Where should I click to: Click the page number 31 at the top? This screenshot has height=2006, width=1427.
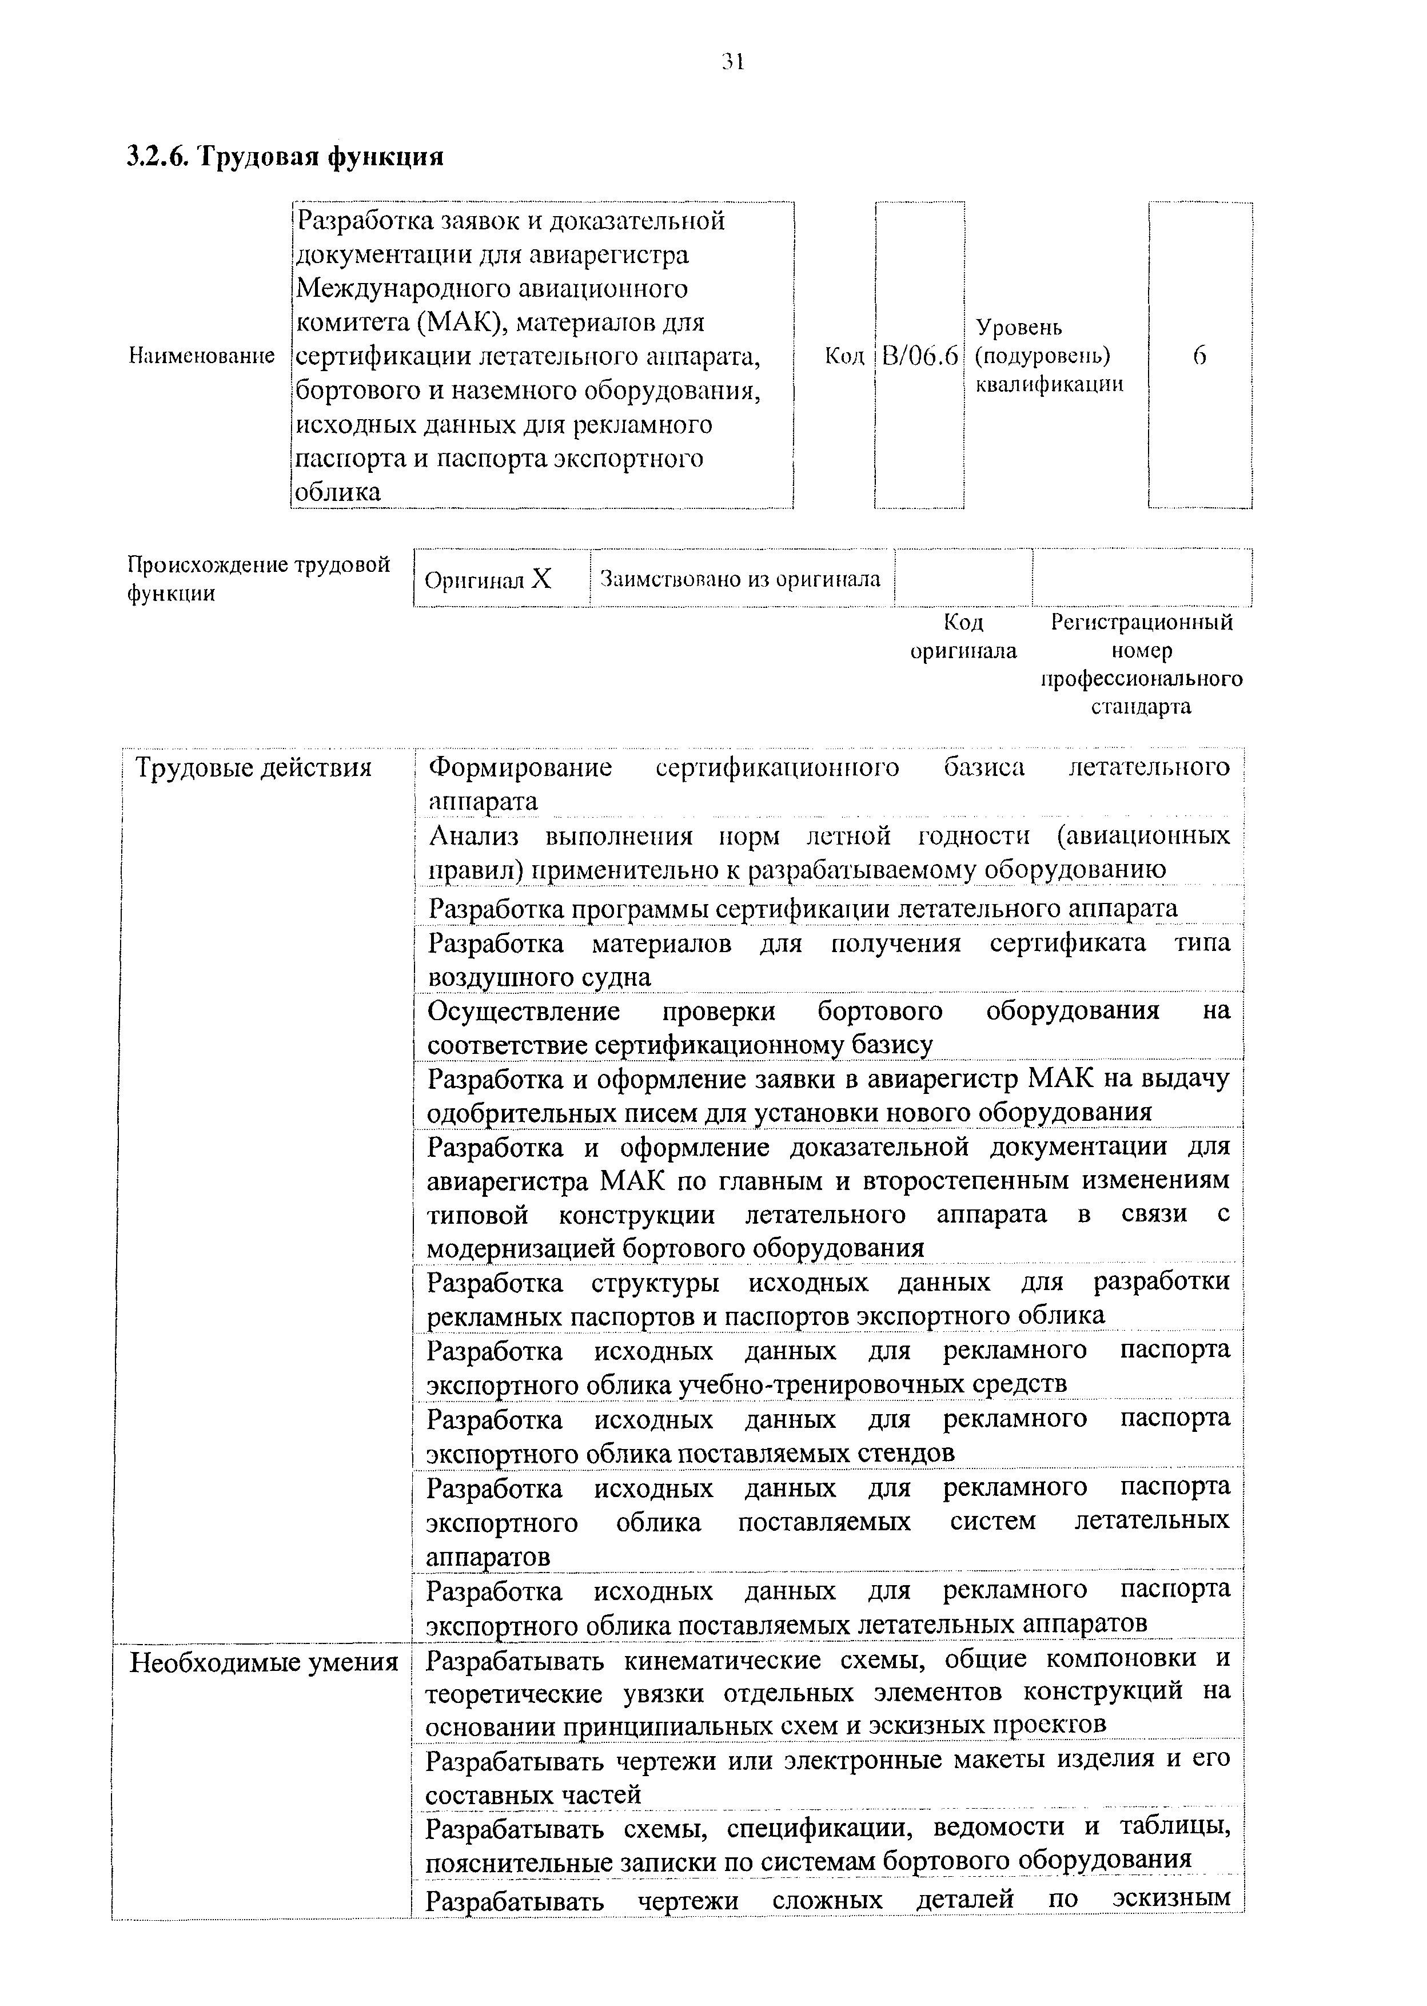pyautogui.click(x=733, y=62)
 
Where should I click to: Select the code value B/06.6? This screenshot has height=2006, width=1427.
pyautogui.click(x=919, y=356)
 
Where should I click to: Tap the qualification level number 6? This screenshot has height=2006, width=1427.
pyautogui.click(x=1199, y=356)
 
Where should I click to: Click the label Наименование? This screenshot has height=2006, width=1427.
pyautogui.click(x=201, y=356)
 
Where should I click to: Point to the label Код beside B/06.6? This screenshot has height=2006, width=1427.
pyautogui.click(x=844, y=356)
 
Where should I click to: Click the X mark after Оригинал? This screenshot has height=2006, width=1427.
pyautogui.click(x=542, y=579)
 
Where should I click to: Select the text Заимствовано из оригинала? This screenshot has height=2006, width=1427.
pyautogui.click(x=741, y=579)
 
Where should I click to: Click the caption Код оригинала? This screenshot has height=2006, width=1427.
pyautogui.click(x=963, y=636)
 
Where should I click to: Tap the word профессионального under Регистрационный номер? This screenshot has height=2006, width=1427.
pyautogui.click(x=1141, y=678)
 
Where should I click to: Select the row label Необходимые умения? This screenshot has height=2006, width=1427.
pyautogui.click(x=264, y=1662)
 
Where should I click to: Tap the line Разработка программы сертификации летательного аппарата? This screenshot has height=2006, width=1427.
pyautogui.click(x=802, y=908)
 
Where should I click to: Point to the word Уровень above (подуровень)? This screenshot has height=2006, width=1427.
pyautogui.click(x=1019, y=328)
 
